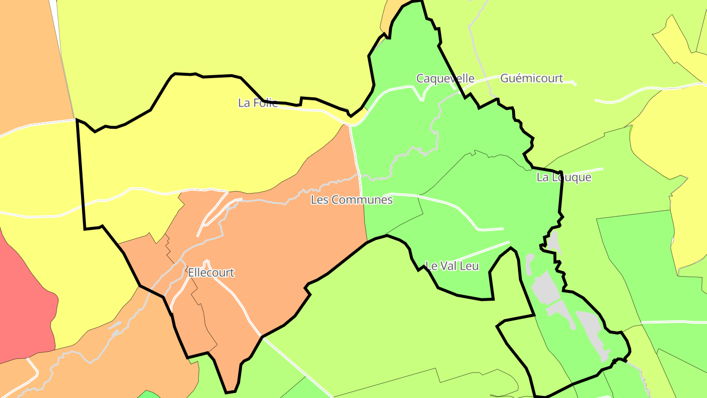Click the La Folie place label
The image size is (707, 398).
point(258,103)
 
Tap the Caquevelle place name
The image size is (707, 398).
point(445,79)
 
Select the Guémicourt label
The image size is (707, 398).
point(531,79)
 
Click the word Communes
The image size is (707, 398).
point(362,200)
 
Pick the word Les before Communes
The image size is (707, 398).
point(320,200)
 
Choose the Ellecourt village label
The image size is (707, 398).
point(211,273)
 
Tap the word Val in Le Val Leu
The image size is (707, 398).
point(449,266)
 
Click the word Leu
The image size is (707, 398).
point(470,266)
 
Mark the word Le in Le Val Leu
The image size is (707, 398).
point(431,266)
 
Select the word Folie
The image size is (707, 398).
point(265,103)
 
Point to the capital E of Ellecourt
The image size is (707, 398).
point(191,273)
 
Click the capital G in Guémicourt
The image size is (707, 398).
point(504,79)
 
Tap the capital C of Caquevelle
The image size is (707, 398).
point(420,79)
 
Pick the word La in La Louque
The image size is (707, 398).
point(543,177)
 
